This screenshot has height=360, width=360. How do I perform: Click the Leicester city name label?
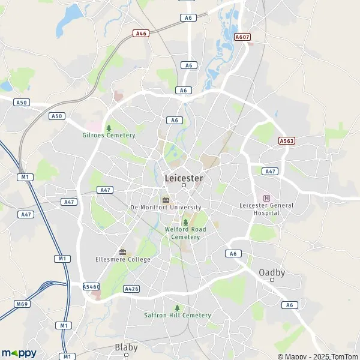click(x=184, y=178)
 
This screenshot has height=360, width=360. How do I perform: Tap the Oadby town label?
click(x=272, y=272)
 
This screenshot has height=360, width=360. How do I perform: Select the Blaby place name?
click(x=126, y=347)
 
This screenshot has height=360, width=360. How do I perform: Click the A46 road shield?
click(x=142, y=34)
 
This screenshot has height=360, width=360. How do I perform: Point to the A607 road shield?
click(x=242, y=37)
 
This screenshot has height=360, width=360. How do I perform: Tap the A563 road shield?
click(x=287, y=140)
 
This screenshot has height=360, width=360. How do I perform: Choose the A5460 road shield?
click(x=91, y=287)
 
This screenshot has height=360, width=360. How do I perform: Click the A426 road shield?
click(x=131, y=289)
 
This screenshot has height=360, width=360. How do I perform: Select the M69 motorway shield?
click(x=22, y=304)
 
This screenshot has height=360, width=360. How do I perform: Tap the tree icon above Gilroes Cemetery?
click(x=109, y=128)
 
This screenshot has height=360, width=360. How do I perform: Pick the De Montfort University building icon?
click(x=166, y=199)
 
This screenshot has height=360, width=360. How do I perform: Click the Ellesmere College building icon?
click(x=122, y=251)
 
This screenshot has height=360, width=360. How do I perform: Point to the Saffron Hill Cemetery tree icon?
click(x=177, y=308)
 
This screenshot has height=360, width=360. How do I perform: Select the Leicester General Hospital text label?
click(x=266, y=209)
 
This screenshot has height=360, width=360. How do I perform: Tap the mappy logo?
click(x=19, y=353)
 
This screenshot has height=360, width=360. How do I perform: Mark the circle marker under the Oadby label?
click(x=272, y=280)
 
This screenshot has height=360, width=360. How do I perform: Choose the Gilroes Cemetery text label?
click(x=109, y=135)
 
